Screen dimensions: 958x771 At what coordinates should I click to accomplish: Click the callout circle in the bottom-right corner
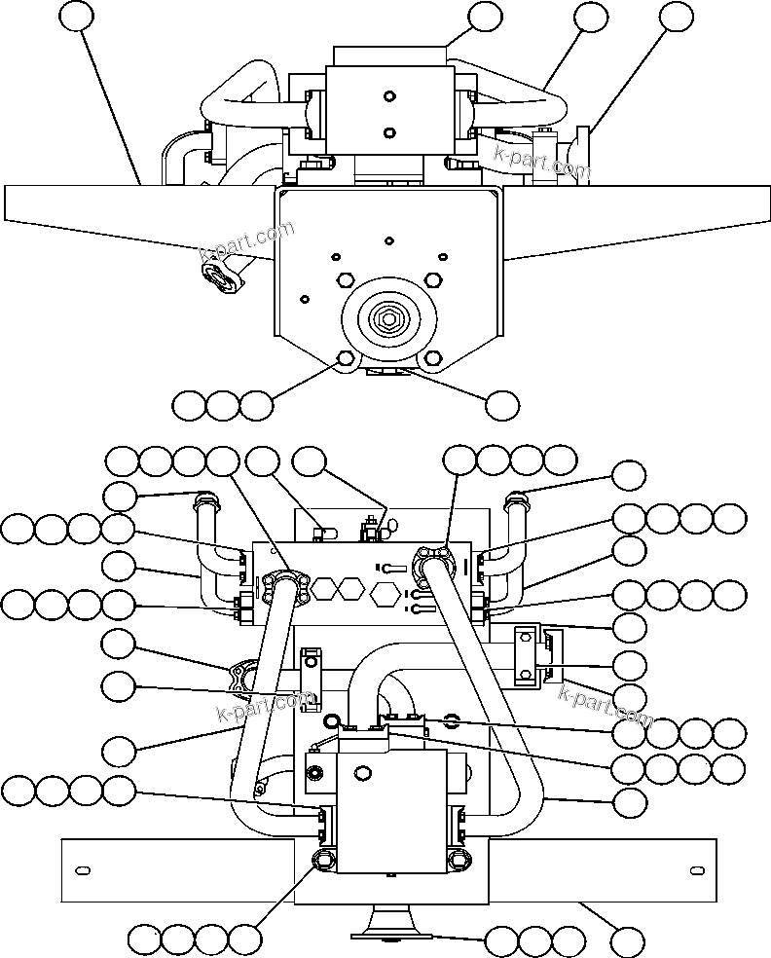pyautogui.click(x=628, y=940)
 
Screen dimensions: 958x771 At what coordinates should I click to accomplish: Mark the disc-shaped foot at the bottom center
pyautogui.click(x=386, y=926)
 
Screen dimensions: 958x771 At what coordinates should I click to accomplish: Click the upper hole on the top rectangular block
pyautogui.click(x=388, y=95)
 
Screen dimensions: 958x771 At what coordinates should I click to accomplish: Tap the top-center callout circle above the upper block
pyautogui.click(x=485, y=17)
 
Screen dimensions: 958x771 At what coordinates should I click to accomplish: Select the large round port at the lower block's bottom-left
pyautogui.click(x=322, y=859)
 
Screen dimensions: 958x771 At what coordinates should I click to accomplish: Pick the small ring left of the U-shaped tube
pyautogui.click(x=332, y=721)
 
